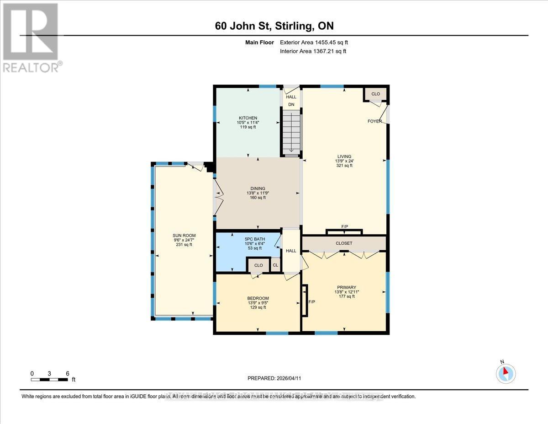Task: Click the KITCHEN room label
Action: click(248, 118)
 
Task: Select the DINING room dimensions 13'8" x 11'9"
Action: click(258, 193)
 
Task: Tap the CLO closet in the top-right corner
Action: click(375, 94)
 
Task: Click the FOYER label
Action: click(374, 121)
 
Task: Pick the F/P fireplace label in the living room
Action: click(344, 227)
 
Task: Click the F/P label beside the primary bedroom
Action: click(312, 302)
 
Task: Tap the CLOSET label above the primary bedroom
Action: click(344, 243)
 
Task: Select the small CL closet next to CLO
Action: click(275, 265)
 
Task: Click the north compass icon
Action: click(506, 373)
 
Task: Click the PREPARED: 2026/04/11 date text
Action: click(274, 378)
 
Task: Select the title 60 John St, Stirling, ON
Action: click(278, 26)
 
